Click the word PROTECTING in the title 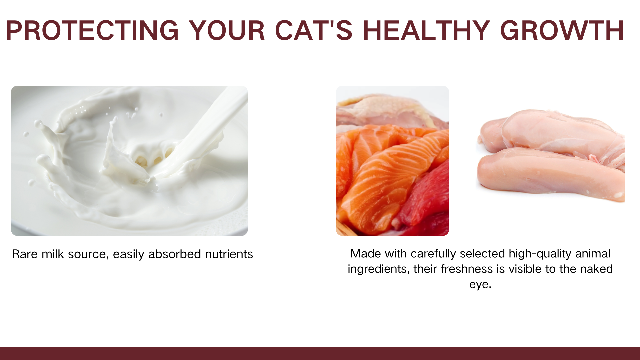click(x=92, y=31)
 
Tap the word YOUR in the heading click(x=227, y=31)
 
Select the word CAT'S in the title click(x=314, y=31)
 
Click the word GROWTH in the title click(x=562, y=31)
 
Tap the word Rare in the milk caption click(x=25, y=254)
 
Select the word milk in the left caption click(x=53, y=254)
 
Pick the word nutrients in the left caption click(x=229, y=254)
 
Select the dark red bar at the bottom click(x=320, y=353)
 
